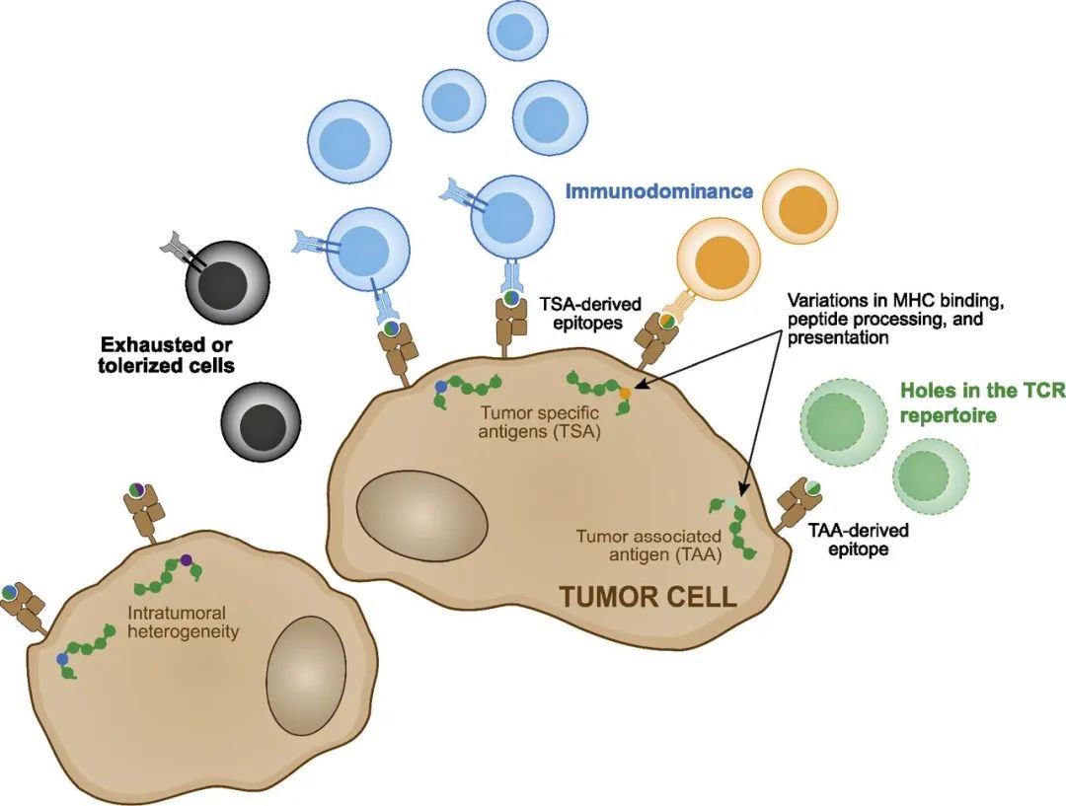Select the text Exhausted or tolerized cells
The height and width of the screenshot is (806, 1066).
tap(170, 355)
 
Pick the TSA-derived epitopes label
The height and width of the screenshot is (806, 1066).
tap(586, 312)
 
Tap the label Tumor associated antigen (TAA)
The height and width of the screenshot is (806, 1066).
tap(648, 545)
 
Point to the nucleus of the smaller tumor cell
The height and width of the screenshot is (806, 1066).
tap(309, 674)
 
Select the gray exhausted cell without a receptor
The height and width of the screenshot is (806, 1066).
tap(262, 423)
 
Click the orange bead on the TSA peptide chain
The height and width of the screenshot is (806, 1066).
tap(625, 395)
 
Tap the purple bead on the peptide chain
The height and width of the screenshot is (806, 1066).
tap(186, 561)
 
